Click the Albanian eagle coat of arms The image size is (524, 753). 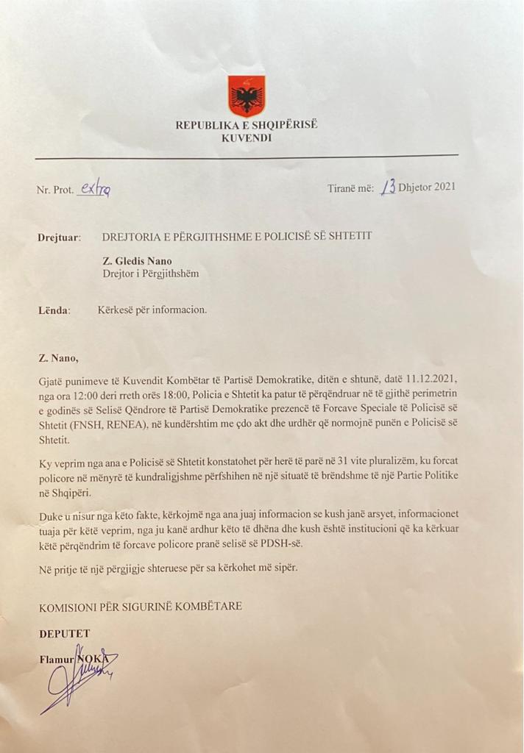tap(247, 96)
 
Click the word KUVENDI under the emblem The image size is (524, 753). tap(246, 138)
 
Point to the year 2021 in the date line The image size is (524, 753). tap(444, 187)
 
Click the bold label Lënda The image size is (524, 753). tap(54, 310)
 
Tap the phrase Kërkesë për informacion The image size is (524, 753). tap(152, 310)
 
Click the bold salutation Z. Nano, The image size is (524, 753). tap(57, 359)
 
